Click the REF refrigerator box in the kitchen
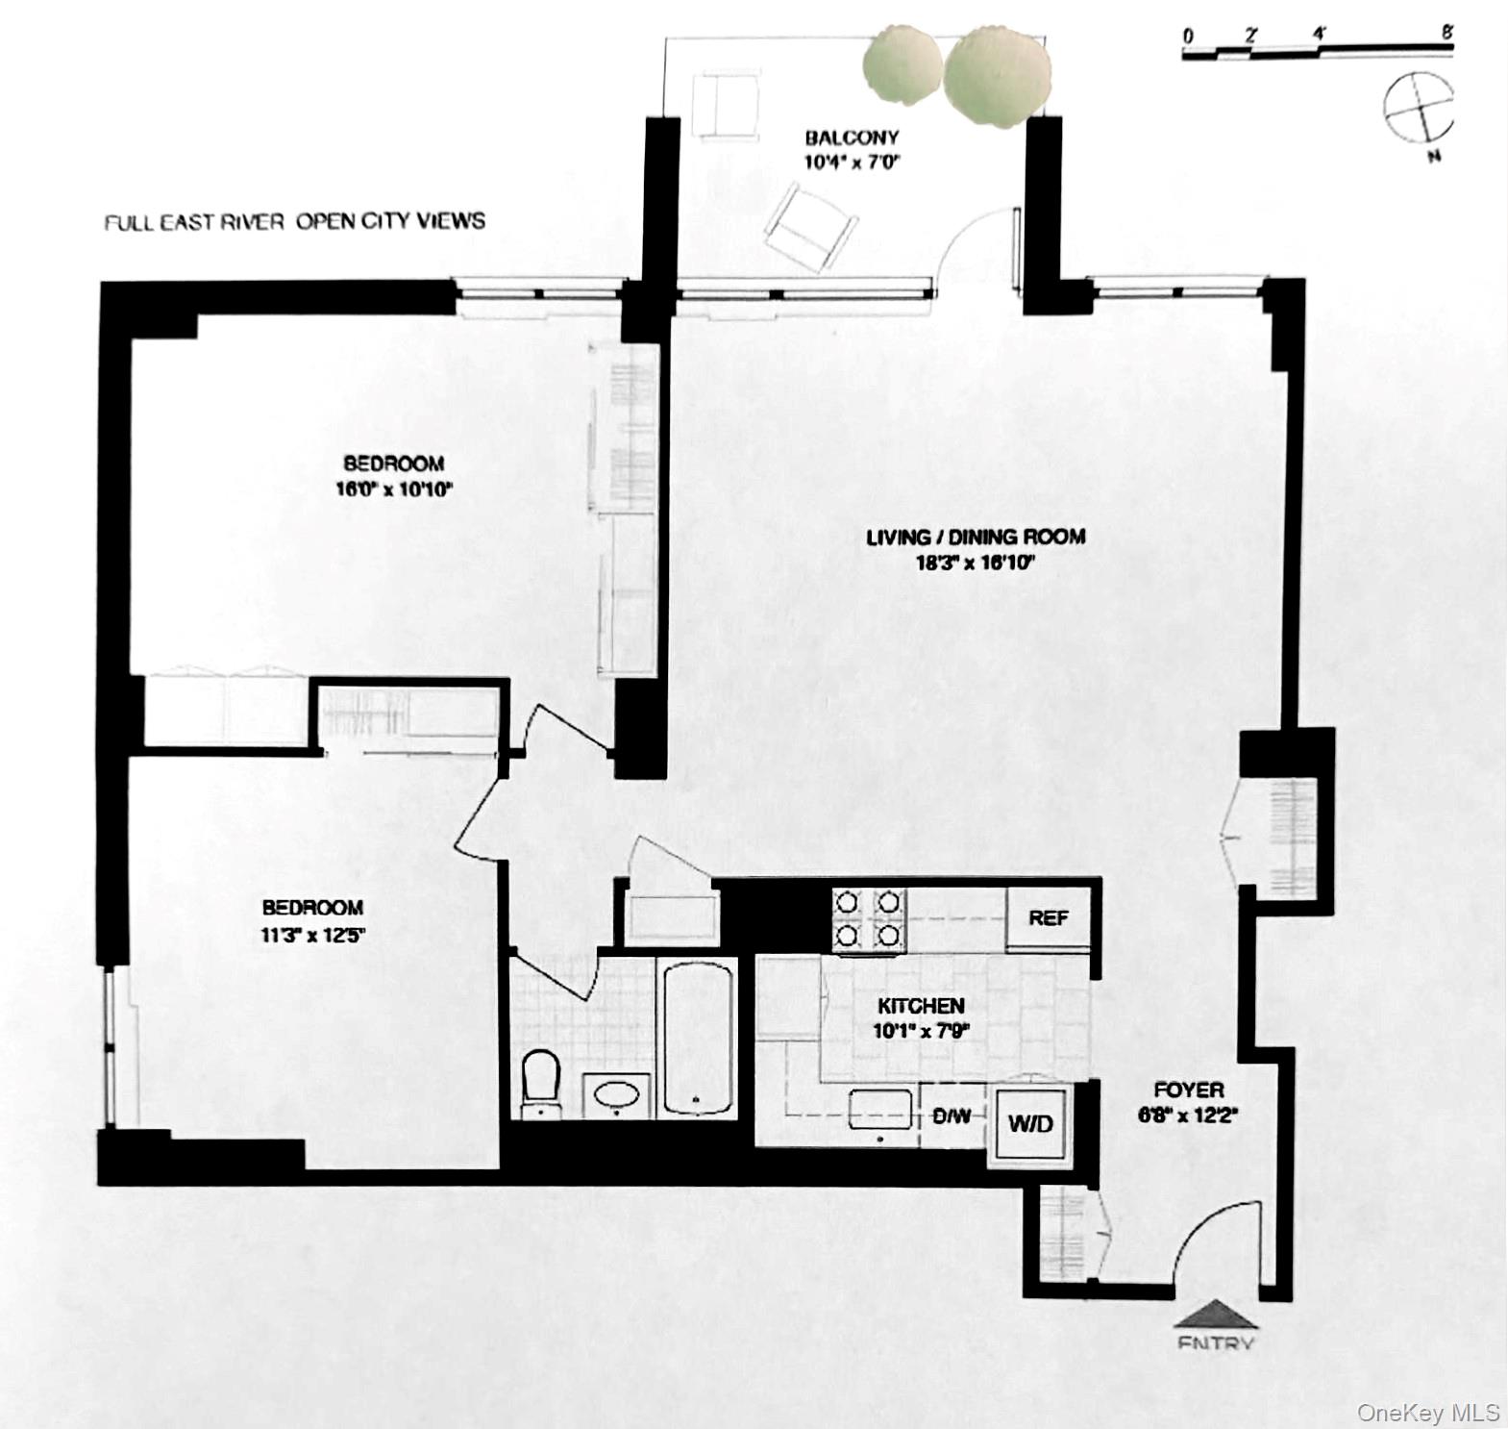click(1048, 918)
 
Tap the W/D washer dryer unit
click(1030, 1123)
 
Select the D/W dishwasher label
click(952, 1117)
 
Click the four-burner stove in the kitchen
click(869, 918)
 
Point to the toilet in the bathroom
click(541, 1082)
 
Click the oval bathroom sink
click(616, 1096)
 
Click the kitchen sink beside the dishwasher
click(880, 1110)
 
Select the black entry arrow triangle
click(1215, 1315)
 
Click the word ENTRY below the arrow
click(1215, 1343)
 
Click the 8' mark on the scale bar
click(1446, 34)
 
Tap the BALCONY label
click(852, 138)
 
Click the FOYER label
click(1189, 1090)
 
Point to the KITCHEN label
click(921, 1006)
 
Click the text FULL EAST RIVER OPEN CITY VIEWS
click(294, 222)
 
